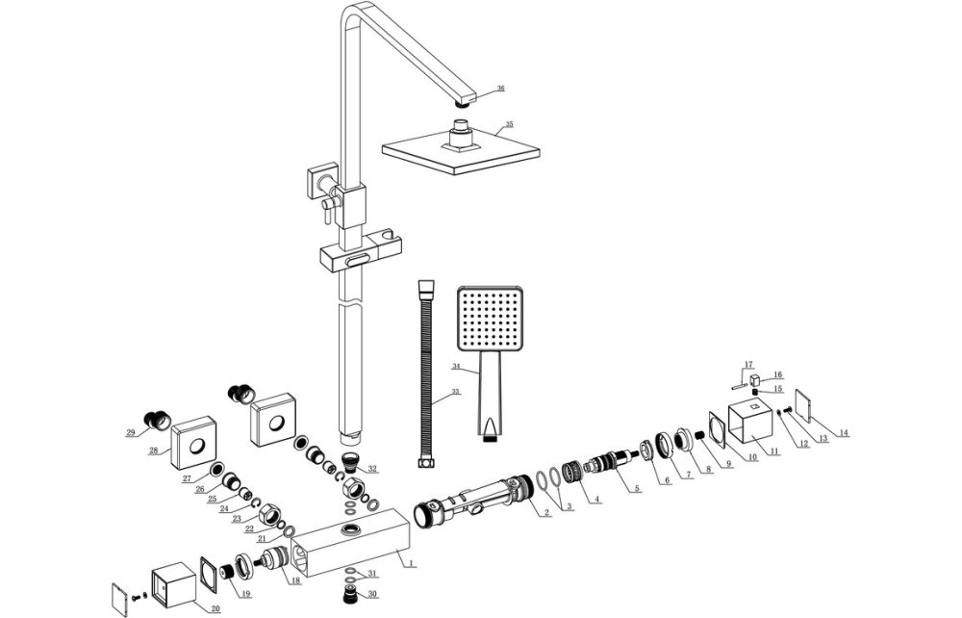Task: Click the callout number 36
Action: [x=500, y=89]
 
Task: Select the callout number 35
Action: [x=509, y=125]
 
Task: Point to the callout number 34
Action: [x=456, y=367]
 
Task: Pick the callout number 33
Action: [x=456, y=392]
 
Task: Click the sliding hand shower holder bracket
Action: [x=353, y=257]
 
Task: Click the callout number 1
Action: [x=411, y=562]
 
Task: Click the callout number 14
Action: [x=844, y=433]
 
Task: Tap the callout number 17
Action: [x=747, y=364]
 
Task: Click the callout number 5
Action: [x=636, y=489]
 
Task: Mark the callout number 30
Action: [x=371, y=594]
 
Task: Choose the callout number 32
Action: [x=371, y=470]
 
